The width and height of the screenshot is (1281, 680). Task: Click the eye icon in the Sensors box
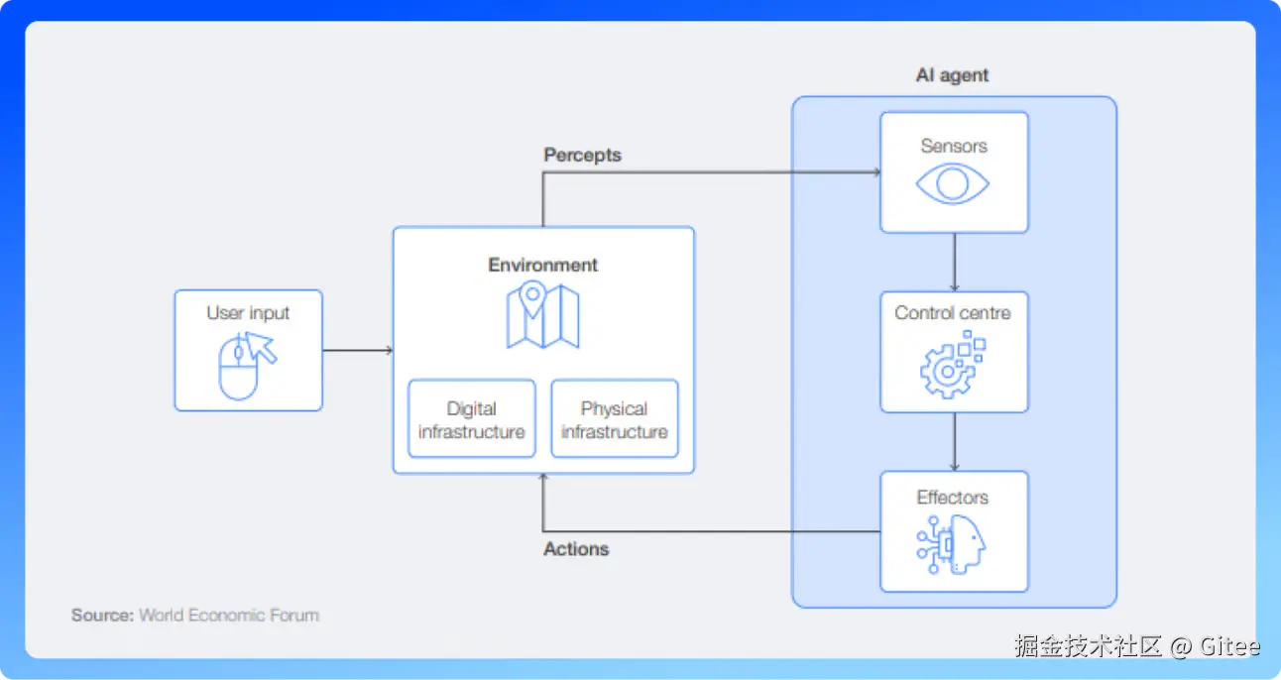click(953, 184)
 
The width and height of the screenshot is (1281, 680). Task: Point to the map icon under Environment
click(542, 315)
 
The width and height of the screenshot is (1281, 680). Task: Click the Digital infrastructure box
click(472, 419)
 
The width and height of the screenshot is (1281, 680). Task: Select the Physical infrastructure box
click(615, 419)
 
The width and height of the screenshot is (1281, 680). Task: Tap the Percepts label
click(582, 156)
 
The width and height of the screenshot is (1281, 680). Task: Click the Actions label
click(576, 549)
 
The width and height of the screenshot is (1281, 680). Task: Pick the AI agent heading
click(952, 75)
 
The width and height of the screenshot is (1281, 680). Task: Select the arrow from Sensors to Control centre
click(954, 262)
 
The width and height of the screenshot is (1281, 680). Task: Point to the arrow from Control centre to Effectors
click(954, 441)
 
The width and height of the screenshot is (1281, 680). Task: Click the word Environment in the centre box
click(542, 265)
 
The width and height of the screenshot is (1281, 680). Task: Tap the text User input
click(248, 313)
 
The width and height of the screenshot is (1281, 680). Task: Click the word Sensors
click(954, 146)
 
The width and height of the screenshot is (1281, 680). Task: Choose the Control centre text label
click(953, 313)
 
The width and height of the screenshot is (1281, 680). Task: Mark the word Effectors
click(953, 498)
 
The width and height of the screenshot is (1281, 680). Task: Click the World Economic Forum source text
click(229, 615)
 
